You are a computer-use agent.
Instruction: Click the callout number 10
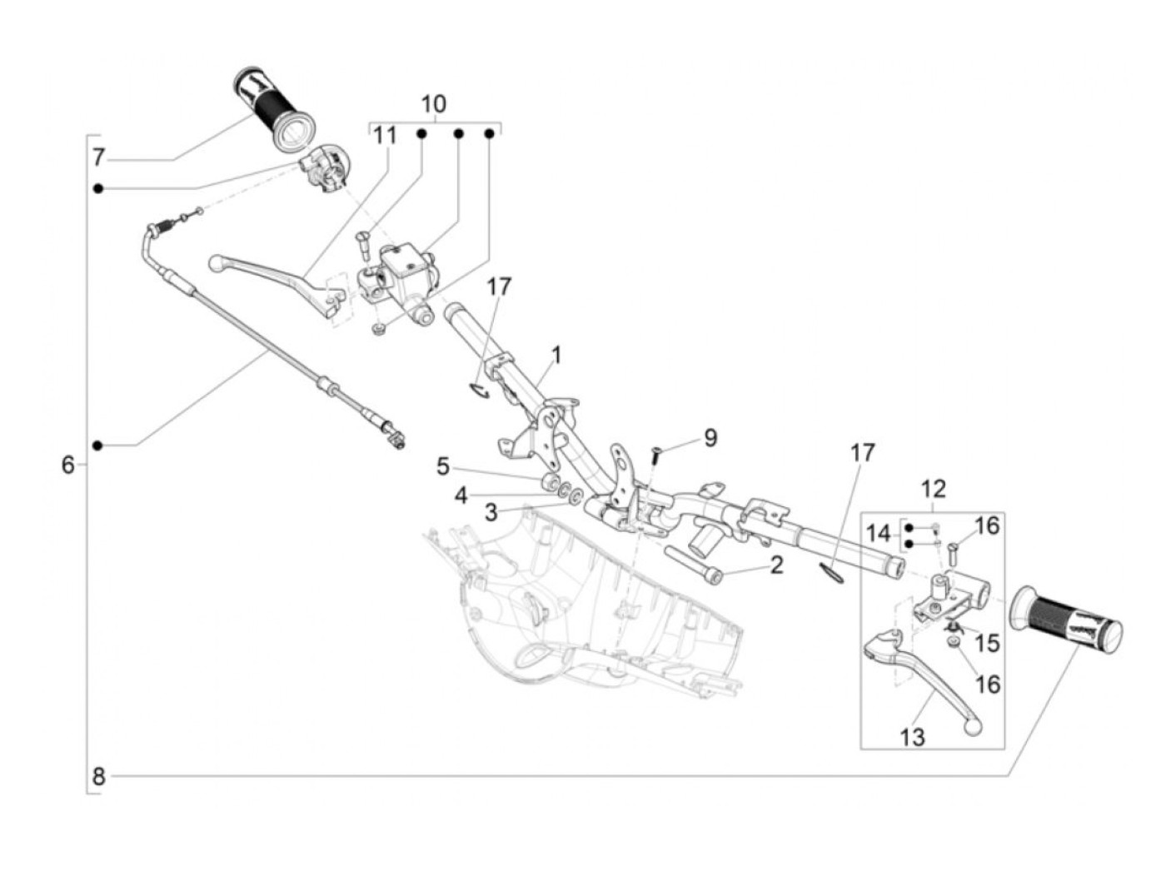433,105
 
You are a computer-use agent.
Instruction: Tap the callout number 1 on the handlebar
556,356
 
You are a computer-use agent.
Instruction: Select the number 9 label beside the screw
710,437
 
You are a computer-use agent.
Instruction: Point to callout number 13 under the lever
912,737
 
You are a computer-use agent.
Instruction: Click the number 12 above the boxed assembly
933,489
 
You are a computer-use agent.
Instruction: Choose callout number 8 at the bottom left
98,777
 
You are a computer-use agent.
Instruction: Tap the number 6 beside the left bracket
68,464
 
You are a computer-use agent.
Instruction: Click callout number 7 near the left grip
98,157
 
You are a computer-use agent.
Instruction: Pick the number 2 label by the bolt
776,565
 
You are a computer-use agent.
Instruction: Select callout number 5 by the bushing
443,467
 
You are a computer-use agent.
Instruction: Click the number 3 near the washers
491,512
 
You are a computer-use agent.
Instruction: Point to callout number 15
987,643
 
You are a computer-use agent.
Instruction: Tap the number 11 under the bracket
384,135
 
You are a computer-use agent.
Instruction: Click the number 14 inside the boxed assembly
878,533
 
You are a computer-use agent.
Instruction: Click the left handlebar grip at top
274,109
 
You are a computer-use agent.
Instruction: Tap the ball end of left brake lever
216,262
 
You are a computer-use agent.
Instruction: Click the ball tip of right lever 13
971,727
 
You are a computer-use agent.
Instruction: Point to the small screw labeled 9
654,455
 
